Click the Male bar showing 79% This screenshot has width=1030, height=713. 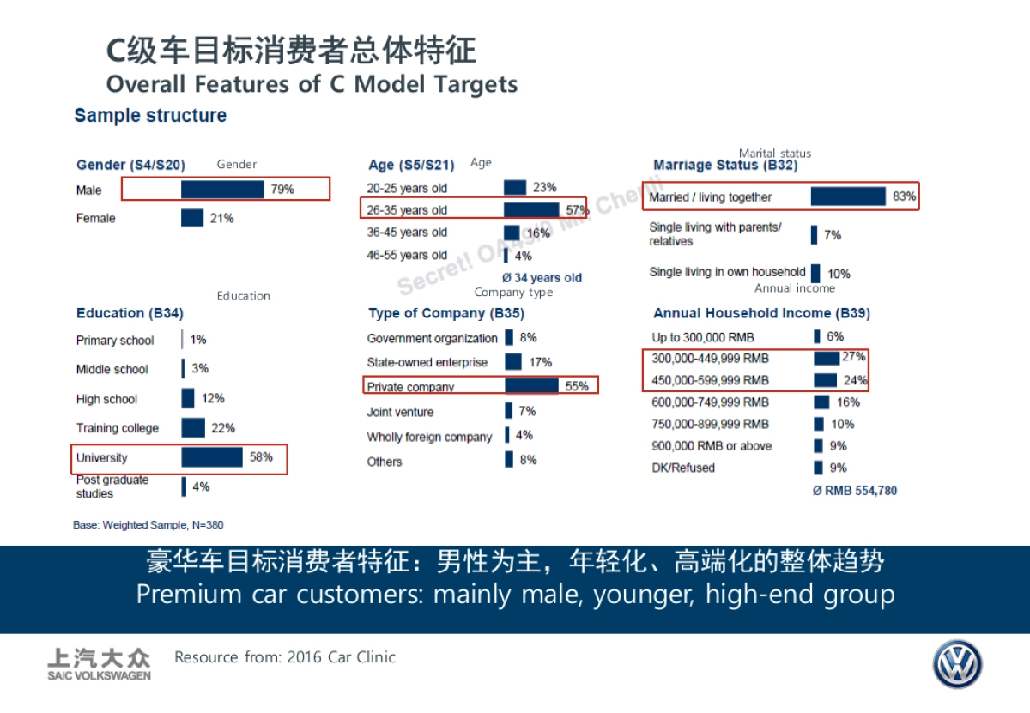[222, 190]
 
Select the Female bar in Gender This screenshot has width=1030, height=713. [192, 218]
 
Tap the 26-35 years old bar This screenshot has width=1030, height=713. [531, 209]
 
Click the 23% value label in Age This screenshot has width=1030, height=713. [544, 187]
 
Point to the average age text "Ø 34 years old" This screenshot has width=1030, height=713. [542, 278]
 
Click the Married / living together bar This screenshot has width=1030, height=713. [848, 196]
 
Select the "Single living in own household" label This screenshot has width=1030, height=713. [727, 272]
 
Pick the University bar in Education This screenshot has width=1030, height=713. [212, 457]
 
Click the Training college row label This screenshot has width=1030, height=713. [118, 428]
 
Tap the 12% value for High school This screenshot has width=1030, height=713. [213, 398]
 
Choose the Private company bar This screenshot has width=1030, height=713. [531, 386]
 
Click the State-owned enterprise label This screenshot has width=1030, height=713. [427, 362]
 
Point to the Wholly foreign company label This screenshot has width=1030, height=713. [429, 437]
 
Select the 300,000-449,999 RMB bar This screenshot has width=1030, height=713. [827, 358]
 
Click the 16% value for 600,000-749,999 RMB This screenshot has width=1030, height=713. [848, 402]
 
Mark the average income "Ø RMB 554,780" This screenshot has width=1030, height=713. [855, 491]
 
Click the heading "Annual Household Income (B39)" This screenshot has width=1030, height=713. [761, 313]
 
